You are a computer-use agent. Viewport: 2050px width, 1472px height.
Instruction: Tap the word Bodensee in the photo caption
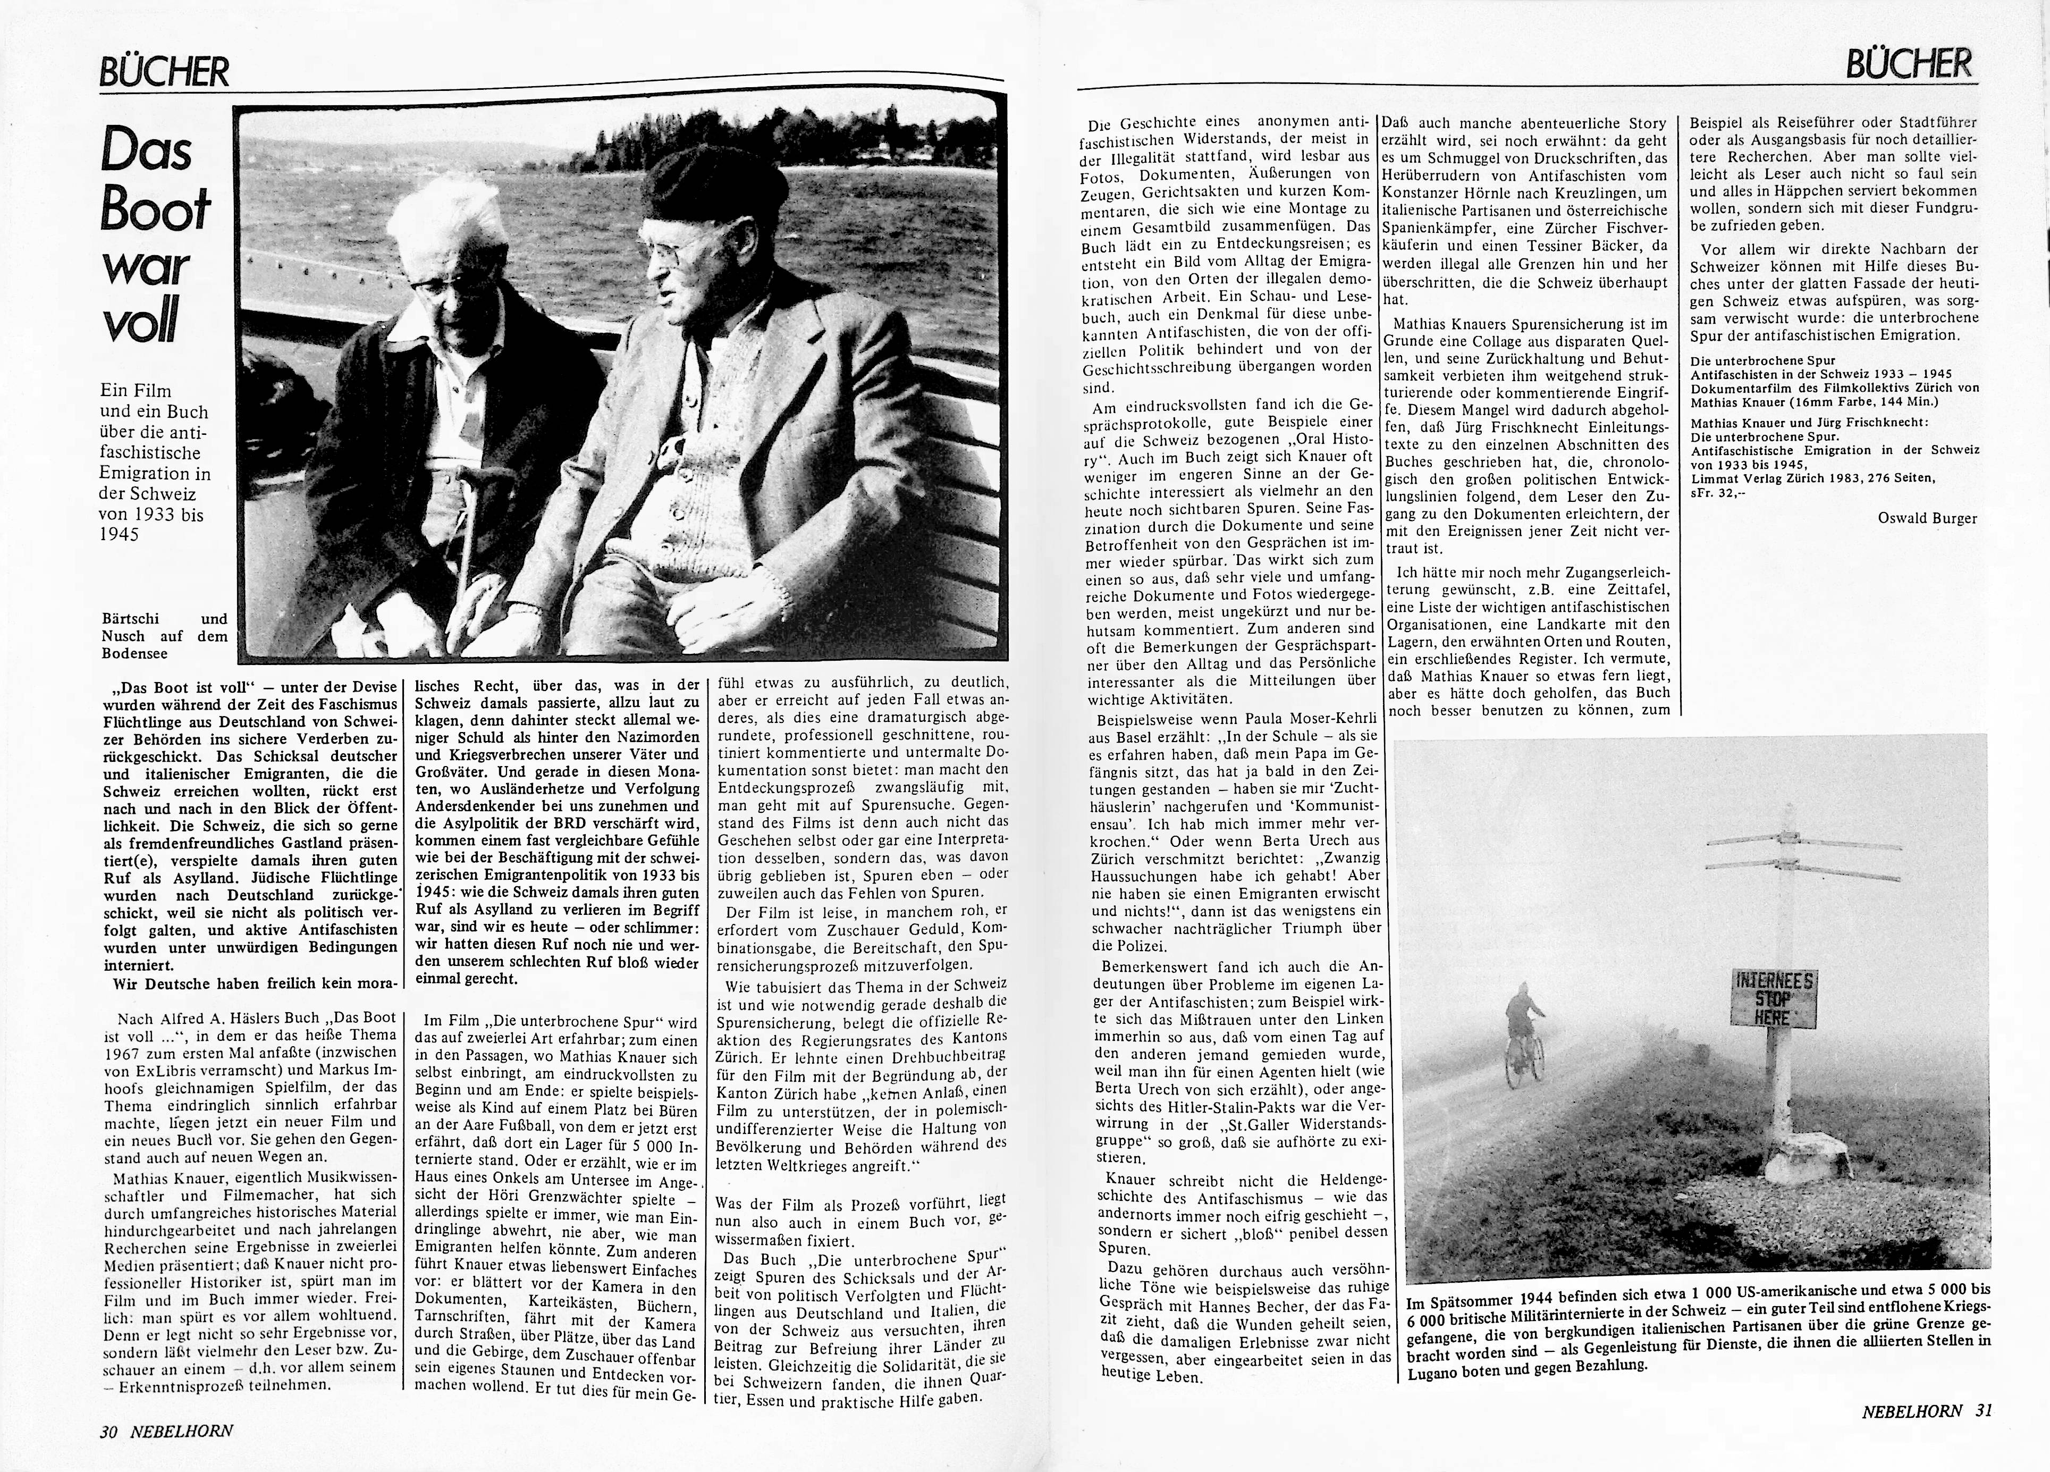[x=134, y=653]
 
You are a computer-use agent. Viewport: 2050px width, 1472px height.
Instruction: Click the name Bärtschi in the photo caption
[x=130, y=618]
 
